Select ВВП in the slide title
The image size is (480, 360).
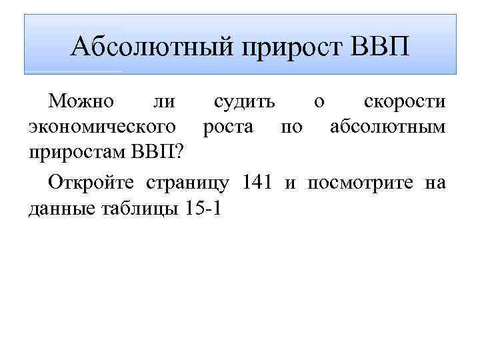(378, 47)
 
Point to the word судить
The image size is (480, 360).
(243, 102)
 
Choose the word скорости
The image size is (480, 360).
(405, 102)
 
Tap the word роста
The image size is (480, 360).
(228, 127)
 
